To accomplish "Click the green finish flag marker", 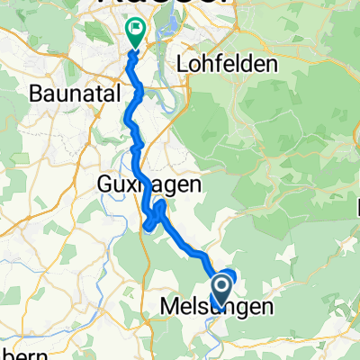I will [136, 33].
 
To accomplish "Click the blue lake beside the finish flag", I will [166, 38].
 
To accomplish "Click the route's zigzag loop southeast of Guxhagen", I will [156, 216].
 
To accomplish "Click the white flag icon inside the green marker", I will [136, 30].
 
